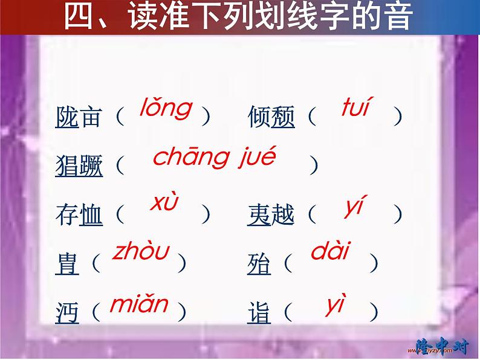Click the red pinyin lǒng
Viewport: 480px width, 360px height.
166,109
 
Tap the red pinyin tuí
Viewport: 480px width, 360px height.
355,108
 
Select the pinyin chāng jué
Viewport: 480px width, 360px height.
214,158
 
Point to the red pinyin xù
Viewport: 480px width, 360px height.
164,204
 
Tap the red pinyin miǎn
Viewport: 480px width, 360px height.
138,303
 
